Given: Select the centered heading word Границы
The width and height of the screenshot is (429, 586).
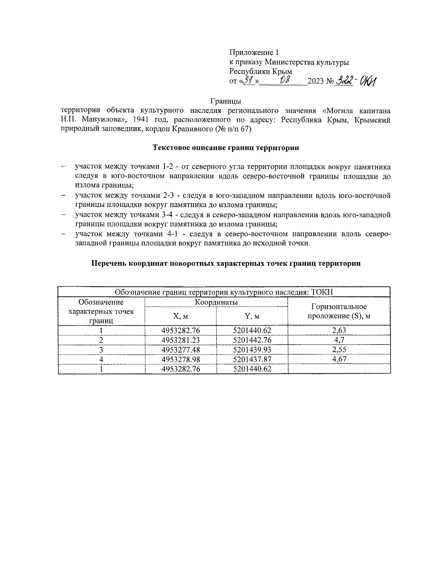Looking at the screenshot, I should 226,101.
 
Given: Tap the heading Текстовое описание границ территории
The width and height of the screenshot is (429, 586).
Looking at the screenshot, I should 226,147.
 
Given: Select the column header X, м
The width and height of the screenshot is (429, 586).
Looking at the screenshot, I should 181,316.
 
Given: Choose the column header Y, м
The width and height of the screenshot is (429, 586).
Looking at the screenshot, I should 252,316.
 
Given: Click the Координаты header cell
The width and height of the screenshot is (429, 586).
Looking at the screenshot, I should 216,302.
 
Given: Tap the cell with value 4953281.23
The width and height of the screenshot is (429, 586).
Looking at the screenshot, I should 181,340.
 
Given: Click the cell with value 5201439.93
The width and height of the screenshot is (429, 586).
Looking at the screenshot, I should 252,350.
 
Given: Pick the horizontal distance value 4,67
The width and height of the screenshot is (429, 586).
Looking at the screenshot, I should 339,359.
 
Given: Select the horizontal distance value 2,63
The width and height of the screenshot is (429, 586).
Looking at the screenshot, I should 339,330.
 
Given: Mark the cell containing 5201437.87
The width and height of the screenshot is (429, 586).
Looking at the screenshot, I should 252,359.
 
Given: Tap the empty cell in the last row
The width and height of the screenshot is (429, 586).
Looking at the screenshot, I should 339,369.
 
